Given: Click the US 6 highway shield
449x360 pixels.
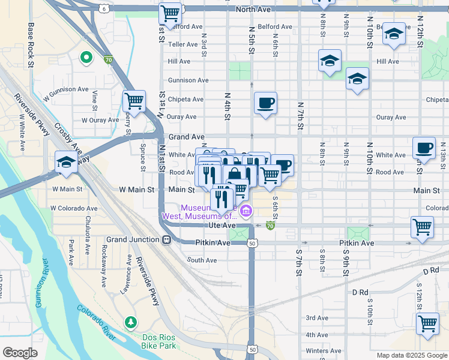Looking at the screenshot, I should click(104, 9).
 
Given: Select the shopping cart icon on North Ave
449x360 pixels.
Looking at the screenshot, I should click(170, 13).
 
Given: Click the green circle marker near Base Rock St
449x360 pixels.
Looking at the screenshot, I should click(86, 58).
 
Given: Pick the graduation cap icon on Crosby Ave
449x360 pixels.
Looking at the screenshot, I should click(66, 161).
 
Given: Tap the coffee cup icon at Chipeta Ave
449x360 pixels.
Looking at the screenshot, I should click(265, 103).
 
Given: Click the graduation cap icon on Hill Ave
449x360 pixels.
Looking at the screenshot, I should click(330, 61).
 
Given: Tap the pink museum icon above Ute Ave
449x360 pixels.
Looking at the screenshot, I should click(246, 211).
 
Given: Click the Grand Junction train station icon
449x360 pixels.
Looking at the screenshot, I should click(166, 239).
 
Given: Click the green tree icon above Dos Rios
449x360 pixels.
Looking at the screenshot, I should click(131, 323).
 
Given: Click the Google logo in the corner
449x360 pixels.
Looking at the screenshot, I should click(20, 353).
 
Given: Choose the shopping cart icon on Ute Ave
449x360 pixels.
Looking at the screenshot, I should click(422, 227).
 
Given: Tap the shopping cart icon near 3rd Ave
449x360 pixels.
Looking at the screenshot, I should click(428, 323).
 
